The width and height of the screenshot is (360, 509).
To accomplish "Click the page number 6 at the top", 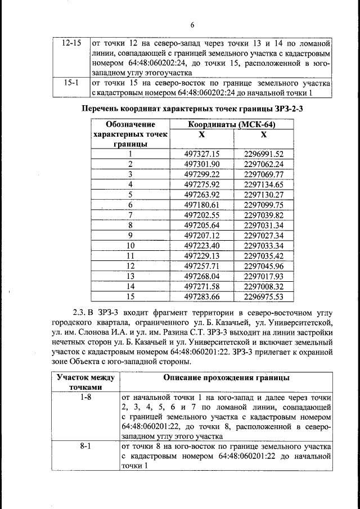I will (191, 25).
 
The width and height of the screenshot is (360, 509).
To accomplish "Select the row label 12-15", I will (71, 43).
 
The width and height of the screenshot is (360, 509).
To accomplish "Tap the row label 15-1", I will (71, 83).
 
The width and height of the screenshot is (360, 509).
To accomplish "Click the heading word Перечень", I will (104, 109).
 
